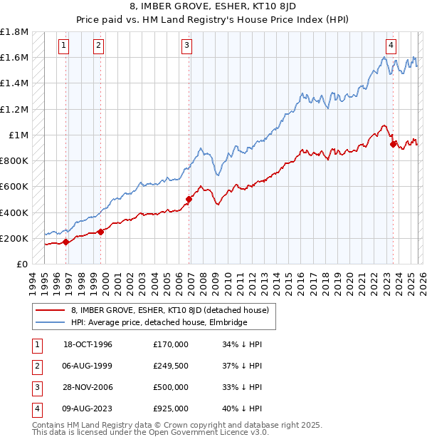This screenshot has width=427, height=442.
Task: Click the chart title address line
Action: pos(213,6)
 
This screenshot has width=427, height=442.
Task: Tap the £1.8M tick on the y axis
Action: pos(15,32)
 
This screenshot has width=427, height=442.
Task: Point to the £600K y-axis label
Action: pos(15,187)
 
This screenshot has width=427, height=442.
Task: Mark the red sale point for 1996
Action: pos(66,242)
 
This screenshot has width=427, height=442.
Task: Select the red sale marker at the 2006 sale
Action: pos(189,200)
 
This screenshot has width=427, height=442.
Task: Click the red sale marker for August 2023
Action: pos(393,145)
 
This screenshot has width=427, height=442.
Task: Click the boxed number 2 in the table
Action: pos(36,366)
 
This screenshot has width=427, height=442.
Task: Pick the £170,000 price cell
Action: pos(170,344)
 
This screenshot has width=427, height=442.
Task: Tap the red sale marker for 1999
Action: pos(100,232)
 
